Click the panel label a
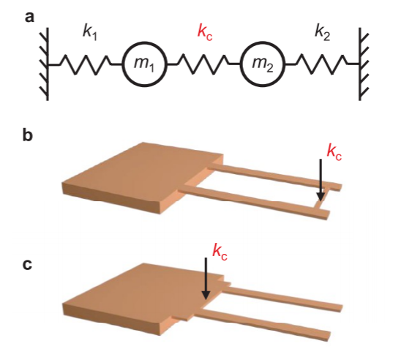pos(29,18)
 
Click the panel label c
pos(27,265)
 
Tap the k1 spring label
pos(90,33)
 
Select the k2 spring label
pos(322,33)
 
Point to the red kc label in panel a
pos(205,32)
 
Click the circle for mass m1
pos(144,64)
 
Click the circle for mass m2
pos(263,64)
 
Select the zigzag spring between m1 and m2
pos(203,64)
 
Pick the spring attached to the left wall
pos(85,64)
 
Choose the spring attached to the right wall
pos(322,64)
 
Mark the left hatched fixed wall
pos(44,64)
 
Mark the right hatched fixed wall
pos(364,64)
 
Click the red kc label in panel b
pos(334,152)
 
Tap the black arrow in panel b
pos(321,179)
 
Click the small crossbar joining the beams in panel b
pos(321,198)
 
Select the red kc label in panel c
pos(220,252)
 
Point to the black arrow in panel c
pos(206,278)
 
